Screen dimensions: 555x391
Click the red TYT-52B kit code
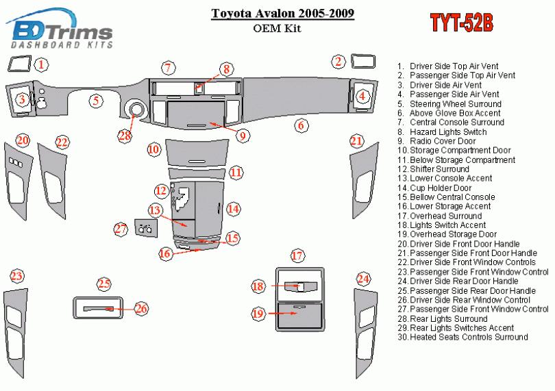pyautogui.click(x=461, y=23)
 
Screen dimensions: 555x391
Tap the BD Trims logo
pyautogui.click(x=60, y=29)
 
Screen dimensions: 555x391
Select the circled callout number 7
pyautogui.click(x=168, y=68)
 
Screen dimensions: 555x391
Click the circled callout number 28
pyautogui.click(x=125, y=136)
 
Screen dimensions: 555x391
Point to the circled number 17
pyautogui.click(x=297, y=255)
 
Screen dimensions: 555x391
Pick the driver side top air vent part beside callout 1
pyautogui.click(x=19, y=64)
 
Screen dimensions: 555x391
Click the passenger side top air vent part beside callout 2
pyautogui.click(x=363, y=61)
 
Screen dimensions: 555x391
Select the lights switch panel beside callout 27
pyautogui.click(x=146, y=228)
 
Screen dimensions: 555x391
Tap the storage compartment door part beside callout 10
pyautogui.click(x=197, y=152)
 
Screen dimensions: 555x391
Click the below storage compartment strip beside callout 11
pyautogui.click(x=197, y=174)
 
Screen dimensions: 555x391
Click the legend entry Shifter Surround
pyautogui.click(x=433, y=169)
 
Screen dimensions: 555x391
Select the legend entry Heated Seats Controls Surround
pyautogui.click(x=463, y=337)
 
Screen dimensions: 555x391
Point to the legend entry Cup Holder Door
pyautogui.click(x=434, y=188)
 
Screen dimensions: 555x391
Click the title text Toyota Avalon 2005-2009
pyautogui.click(x=283, y=14)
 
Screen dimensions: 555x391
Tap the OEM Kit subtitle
pyautogui.click(x=277, y=28)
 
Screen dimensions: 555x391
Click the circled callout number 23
pyautogui.click(x=16, y=276)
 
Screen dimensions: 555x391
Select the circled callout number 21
pyautogui.click(x=356, y=141)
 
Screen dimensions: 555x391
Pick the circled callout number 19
pyautogui.click(x=258, y=314)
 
